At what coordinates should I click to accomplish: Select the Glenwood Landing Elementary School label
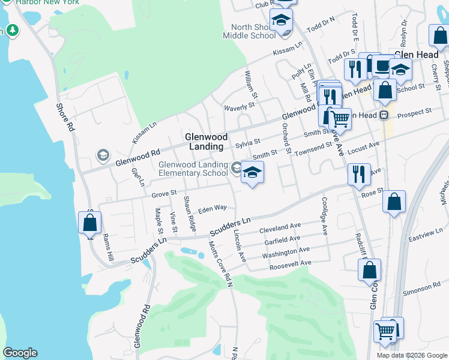[193, 169]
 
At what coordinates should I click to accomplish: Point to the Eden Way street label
[213, 208]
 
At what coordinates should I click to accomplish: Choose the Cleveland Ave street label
[280, 229]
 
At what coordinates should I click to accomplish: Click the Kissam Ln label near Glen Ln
[145, 133]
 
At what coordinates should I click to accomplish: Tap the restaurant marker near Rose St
[359, 174]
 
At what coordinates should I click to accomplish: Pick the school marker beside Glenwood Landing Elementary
[253, 173]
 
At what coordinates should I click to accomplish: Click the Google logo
[20, 353]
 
